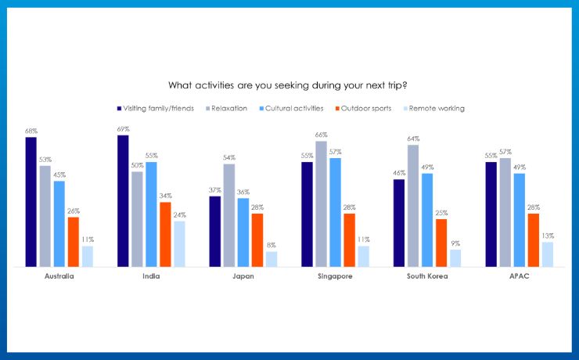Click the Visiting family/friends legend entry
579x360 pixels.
point(157,108)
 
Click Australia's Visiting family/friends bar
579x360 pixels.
point(31,202)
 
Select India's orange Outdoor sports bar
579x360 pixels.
point(165,235)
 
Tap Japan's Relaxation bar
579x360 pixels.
point(228,215)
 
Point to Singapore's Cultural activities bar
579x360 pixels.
point(335,212)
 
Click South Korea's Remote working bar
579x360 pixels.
point(455,258)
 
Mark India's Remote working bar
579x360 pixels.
point(179,244)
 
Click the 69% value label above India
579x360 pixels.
point(122,129)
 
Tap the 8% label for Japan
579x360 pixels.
point(271,245)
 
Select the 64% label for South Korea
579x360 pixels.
point(412,139)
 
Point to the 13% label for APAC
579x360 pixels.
point(547,236)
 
